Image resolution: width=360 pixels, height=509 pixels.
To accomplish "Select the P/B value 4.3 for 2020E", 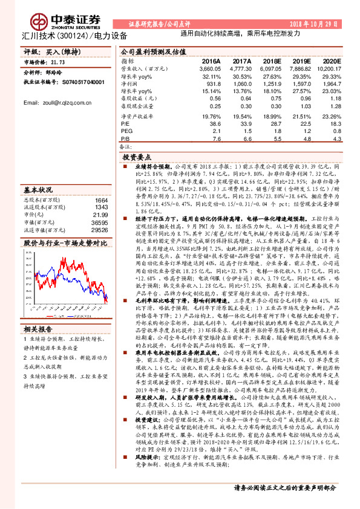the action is click(x=337, y=138).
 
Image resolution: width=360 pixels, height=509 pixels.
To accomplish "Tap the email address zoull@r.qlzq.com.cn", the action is click(x=52, y=103).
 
